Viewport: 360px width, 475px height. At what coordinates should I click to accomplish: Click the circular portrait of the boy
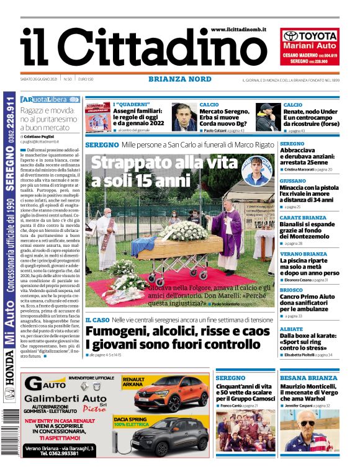(x=254, y=171)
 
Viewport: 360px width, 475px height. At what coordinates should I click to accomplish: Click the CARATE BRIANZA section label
(x=302, y=218)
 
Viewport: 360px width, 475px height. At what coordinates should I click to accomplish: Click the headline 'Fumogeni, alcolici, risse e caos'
(x=178, y=332)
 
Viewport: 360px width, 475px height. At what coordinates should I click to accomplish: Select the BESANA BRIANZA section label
(x=308, y=378)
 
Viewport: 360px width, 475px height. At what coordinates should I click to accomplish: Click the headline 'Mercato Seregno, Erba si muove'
(x=227, y=115)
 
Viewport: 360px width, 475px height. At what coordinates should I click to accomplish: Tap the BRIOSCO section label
(x=292, y=290)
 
